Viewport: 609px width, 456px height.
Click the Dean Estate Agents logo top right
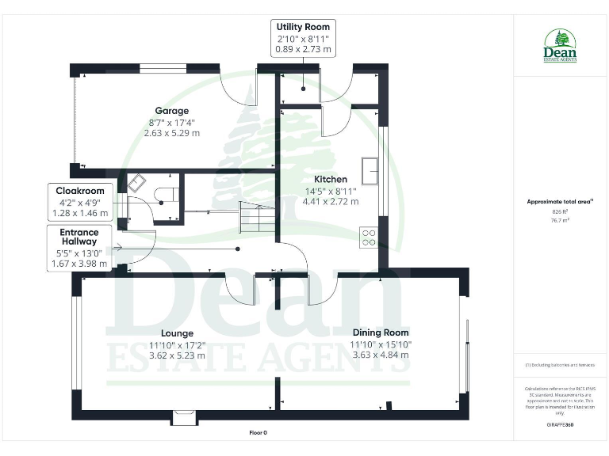tap(560, 46)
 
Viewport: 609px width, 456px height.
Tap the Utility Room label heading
tap(302, 27)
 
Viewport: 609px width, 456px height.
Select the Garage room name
tap(171, 111)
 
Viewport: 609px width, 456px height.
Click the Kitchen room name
tap(330, 179)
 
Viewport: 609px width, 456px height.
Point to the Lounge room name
tap(177, 332)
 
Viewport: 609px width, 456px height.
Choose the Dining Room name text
tap(381, 332)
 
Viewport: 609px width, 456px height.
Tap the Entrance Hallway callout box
tap(79, 246)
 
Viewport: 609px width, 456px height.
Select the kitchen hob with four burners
tap(369, 237)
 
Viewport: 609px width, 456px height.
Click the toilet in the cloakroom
tap(166, 194)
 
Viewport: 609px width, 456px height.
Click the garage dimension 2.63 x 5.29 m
tap(171, 133)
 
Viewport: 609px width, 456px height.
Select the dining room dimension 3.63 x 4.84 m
tap(381, 355)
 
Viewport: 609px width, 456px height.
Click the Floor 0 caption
tap(258, 433)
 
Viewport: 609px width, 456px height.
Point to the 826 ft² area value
tap(560, 212)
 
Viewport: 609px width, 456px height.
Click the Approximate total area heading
tap(560, 202)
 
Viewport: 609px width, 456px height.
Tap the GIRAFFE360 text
tap(560, 426)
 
